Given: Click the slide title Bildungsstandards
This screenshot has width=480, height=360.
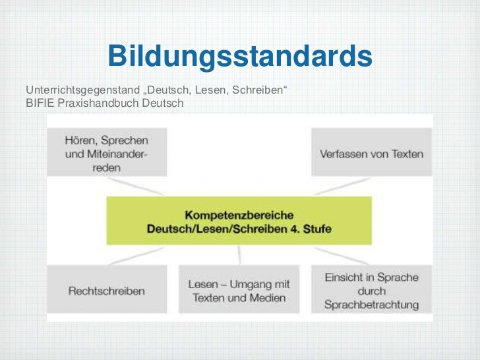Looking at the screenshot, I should [x=240, y=57].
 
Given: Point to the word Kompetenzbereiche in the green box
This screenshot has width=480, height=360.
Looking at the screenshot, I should [x=239, y=215].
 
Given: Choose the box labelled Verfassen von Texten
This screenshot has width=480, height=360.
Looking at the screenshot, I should [x=371, y=154].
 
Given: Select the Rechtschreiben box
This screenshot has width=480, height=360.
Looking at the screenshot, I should [x=106, y=290].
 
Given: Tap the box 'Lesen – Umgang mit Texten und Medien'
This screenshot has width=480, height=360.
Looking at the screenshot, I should [x=239, y=290].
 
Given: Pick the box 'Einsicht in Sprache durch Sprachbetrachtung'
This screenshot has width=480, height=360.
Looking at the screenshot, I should [x=371, y=290].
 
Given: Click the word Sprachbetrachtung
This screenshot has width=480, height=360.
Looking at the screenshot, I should [x=371, y=304].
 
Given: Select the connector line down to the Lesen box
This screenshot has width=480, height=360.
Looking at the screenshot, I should [x=240, y=255].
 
